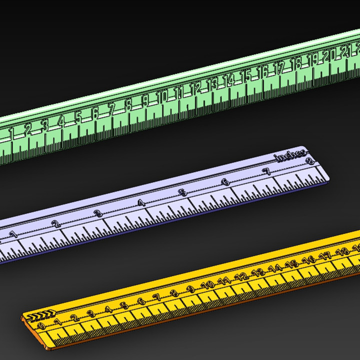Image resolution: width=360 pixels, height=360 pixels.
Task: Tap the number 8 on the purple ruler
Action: pos(309,161)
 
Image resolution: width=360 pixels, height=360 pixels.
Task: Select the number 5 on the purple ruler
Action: pos(183,192)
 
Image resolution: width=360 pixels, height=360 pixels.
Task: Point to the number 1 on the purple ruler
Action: pos(14,234)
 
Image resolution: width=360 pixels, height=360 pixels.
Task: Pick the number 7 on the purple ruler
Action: pos(267,171)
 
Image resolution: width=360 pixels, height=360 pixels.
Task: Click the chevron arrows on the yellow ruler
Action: pos(41,315)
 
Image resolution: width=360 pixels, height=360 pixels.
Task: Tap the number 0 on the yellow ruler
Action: pos(41,326)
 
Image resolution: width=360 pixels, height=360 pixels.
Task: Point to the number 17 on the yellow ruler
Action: pos(325,255)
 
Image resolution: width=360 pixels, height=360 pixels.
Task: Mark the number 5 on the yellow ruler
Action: pos(124,306)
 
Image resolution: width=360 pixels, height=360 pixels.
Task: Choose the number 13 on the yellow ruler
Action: pos(258,272)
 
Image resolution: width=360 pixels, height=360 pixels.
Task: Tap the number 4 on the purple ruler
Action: pos(141,203)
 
